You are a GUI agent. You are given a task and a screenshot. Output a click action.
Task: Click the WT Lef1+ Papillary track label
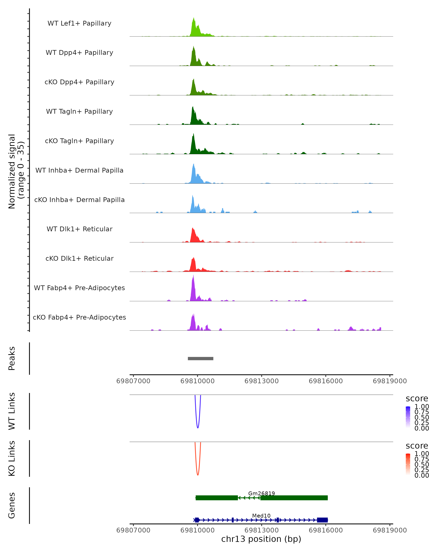pyautogui.click(x=79, y=23)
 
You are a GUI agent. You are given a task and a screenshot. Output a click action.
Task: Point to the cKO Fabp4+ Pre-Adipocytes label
pyautogui.click(x=79, y=317)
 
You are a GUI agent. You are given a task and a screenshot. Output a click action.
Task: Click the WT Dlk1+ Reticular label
pyautogui.click(x=79, y=229)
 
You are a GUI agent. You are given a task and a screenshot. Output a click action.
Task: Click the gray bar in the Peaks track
pyautogui.click(x=200, y=358)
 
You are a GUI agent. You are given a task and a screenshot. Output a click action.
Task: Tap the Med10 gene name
pyautogui.click(x=261, y=516)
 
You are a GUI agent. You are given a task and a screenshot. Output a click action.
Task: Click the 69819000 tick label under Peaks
pyautogui.click(x=390, y=381)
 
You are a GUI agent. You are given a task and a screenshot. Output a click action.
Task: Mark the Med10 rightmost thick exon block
pyautogui.click(x=322, y=520)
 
